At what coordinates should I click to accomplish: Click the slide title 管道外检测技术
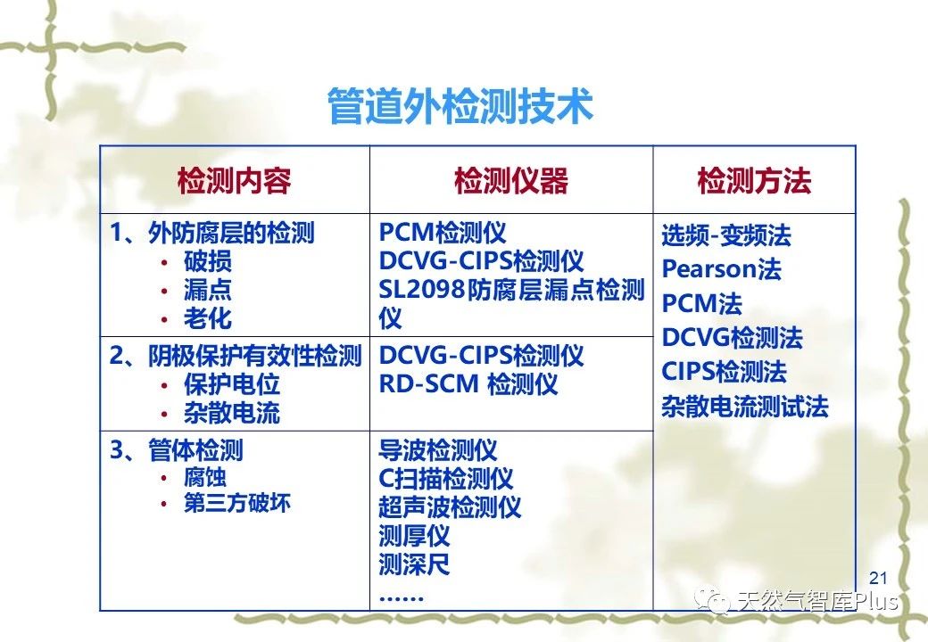(460, 106)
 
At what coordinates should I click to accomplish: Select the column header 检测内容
(235, 180)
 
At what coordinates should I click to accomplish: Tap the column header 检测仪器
(511, 180)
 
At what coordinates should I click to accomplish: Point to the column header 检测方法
(754, 180)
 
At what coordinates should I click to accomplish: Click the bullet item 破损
(207, 261)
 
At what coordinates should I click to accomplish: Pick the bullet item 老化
(207, 318)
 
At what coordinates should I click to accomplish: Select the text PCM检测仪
(443, 233)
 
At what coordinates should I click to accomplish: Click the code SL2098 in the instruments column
(421, 290)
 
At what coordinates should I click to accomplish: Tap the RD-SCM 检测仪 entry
(468, 384)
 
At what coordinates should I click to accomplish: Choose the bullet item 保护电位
(231, 384)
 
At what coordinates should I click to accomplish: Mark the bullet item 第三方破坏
(236, 503)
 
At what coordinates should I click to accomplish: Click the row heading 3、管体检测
(177, 450)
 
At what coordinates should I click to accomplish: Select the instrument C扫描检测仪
(445, 478)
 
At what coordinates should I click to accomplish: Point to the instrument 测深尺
(414, 564)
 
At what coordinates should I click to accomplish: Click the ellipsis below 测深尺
(402, 598)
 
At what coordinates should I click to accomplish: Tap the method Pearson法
(722, 269)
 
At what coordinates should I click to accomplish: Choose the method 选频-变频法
(726, 235)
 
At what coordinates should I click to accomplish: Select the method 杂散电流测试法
(745, 406)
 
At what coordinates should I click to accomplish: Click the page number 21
(878, 578)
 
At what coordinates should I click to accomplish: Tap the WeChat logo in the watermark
(713, 601)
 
